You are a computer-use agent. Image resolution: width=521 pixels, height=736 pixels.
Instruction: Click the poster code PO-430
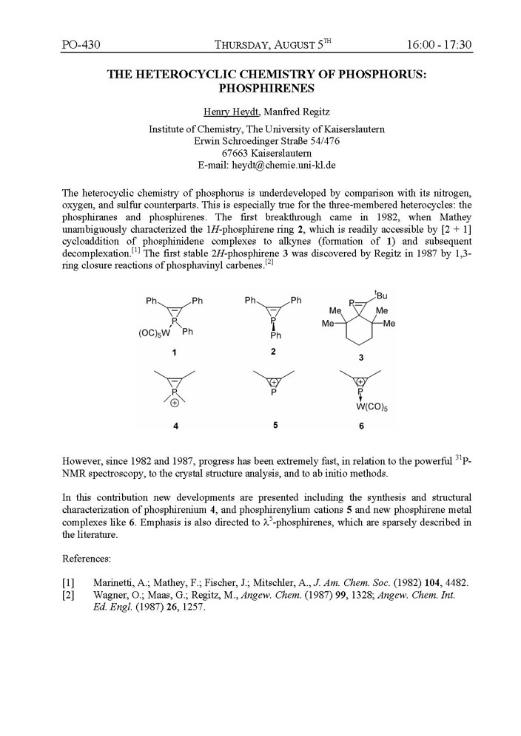pos(81,45)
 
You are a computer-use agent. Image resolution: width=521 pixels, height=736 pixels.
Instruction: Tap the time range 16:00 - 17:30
pos(439,45)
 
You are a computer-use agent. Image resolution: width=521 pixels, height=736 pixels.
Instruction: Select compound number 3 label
pos(360,358)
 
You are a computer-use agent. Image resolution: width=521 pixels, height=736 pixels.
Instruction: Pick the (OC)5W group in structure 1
pos(155,333)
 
